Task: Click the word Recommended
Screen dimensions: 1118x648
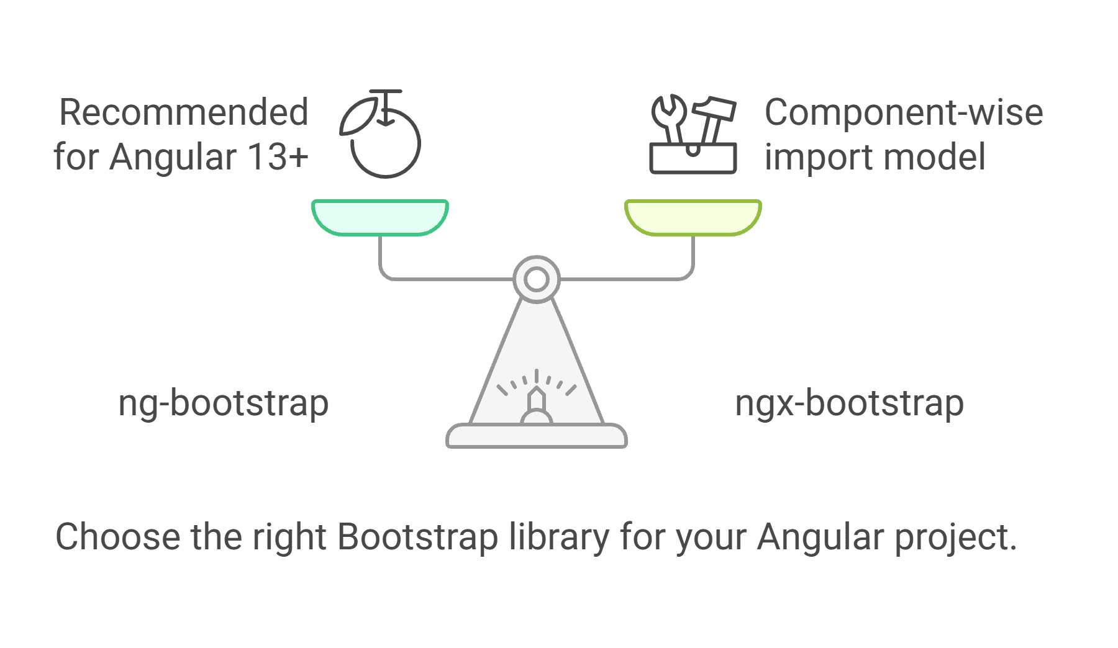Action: click(x=184, y=112)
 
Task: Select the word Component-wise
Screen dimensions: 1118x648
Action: click(x=904, y=112)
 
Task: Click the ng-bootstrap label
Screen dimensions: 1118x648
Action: click(x=224, y=404)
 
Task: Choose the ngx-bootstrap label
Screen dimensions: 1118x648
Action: click(x=849, y=404)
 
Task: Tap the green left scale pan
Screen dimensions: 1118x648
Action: click(x=380, y=217)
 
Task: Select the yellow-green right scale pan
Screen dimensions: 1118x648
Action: click(x=693, y=217)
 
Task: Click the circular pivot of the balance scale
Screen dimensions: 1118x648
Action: click(x=537, y=268)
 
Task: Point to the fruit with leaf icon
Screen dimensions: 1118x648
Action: click(x=380, y=133)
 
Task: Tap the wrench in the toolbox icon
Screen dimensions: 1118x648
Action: click(x=670, y=118)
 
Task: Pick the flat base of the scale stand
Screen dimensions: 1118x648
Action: click(x=537, y=436)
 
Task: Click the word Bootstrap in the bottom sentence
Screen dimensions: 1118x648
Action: click(x=418, y=537)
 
